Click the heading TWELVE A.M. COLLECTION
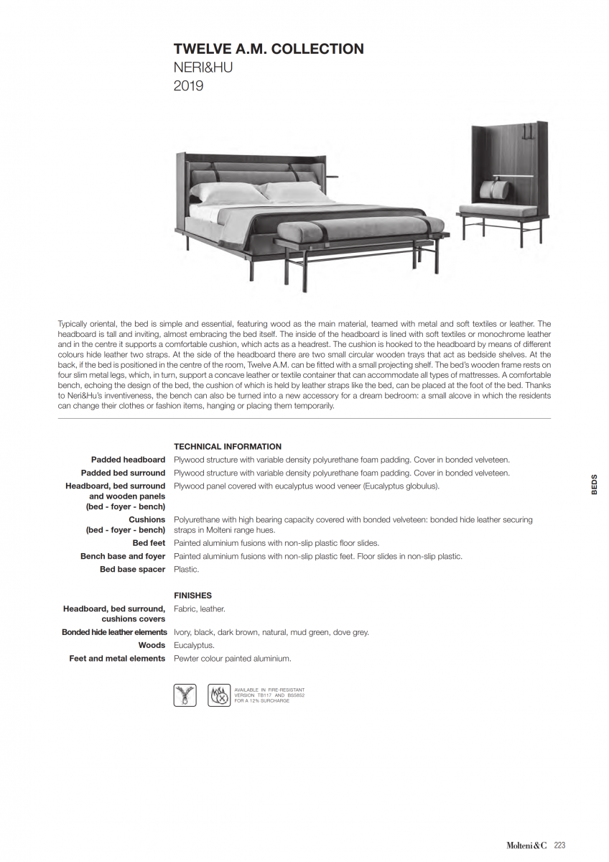(269, 49)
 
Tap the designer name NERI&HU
(203, 68)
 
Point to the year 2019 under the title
(189, 86)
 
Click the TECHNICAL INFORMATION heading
(228, 446)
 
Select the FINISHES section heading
(192, 595)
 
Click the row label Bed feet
(149, 543)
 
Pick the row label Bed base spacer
(132, 569)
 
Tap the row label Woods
(152, 645)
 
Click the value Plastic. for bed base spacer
(187, 569)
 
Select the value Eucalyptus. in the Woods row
(194, 645)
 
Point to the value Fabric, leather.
(200, 608)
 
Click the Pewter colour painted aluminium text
(233, 658)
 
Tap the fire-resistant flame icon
(218, 695)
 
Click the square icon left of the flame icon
(185, 695)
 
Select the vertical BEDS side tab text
(594, 485)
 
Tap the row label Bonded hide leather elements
(114, 632)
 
